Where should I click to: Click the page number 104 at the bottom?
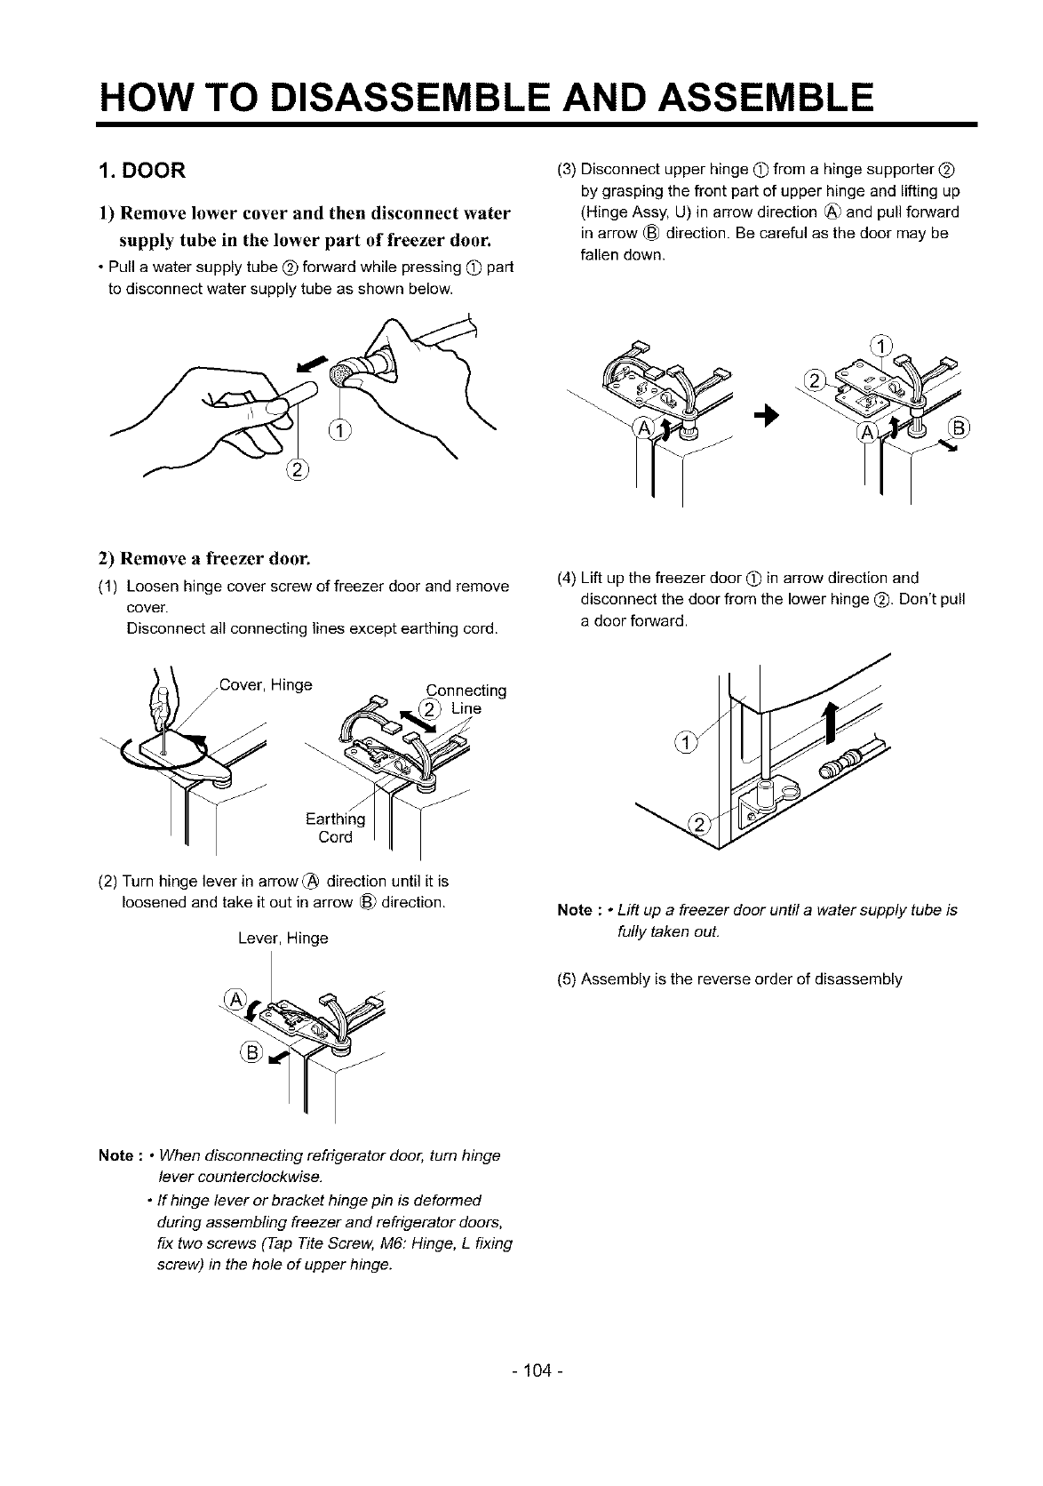(x=521, y=1370)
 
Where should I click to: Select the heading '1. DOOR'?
(x=141, y=170)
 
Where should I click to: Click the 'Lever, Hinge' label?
(x=283, y=938)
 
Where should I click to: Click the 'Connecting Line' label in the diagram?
(x=466, y=699)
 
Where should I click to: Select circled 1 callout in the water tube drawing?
(x=340, y=433)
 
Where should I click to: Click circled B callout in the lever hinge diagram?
(x=249, y=1053)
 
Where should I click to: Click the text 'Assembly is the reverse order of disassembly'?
(x=741, y=979)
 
